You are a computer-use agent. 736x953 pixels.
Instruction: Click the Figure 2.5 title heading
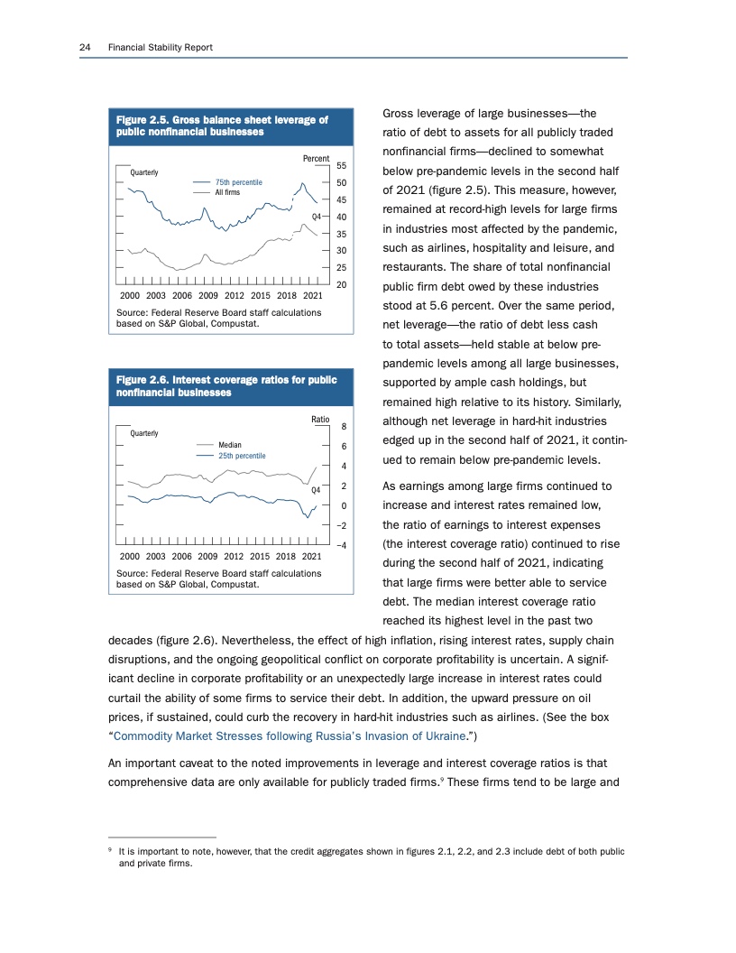(x=222, y=125)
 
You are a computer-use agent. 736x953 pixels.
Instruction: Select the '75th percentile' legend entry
(x=238, y=182)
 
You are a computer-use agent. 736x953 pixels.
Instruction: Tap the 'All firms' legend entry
(x=226, y=192)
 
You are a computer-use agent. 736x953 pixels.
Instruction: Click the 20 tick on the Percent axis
(x=342, y=284)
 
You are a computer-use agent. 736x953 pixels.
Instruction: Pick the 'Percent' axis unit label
(x=316, y=159)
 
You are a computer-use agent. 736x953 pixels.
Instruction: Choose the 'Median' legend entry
(x=229, y=445)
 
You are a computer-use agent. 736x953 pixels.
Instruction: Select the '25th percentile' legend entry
(x=242, y=456)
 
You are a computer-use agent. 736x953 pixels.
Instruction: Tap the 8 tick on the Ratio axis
(x=345, y=427)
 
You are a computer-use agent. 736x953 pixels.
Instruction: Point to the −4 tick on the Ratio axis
(x=343, y=545)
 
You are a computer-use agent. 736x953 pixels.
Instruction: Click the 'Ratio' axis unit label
(x=319, y=420)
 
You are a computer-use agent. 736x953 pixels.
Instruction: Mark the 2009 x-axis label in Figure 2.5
(x=209, y=295)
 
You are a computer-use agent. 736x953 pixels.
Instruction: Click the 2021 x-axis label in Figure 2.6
(x=313, y=556)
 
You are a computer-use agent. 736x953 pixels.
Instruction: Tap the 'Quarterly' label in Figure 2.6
(x=143, y=433)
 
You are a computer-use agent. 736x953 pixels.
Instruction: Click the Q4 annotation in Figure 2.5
(x=317, y=217)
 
